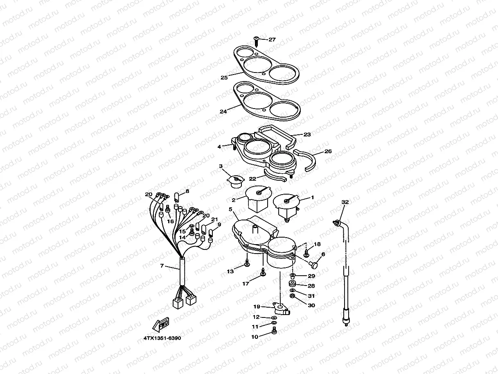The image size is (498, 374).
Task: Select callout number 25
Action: click(224, 77)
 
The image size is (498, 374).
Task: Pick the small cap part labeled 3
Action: click(236, 181)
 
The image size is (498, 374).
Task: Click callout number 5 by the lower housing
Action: click(230, 209)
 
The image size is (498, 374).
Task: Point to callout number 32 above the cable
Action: click(345, 202)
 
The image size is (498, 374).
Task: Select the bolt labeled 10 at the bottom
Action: click(274, 332)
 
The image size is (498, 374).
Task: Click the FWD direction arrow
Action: click(161, 324)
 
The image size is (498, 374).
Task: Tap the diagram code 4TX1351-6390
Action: click(162, 338)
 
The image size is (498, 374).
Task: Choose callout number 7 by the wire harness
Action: click(162, 266)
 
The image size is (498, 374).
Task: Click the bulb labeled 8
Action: click(177, 197)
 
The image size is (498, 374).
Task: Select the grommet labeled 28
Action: click(293, 284)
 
